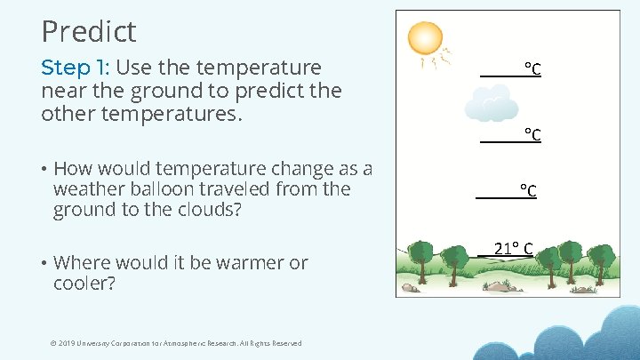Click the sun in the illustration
[x=424, y=38]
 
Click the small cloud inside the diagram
[x=491, y=105]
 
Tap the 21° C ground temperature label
[x=512, y=248]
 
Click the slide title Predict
[x=89, y=32]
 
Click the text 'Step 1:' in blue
[x=76, y=68]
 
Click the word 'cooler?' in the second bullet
[x=84, y=284]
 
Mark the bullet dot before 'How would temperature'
[x=44, y=169]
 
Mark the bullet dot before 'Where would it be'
[x=44, y=263]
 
